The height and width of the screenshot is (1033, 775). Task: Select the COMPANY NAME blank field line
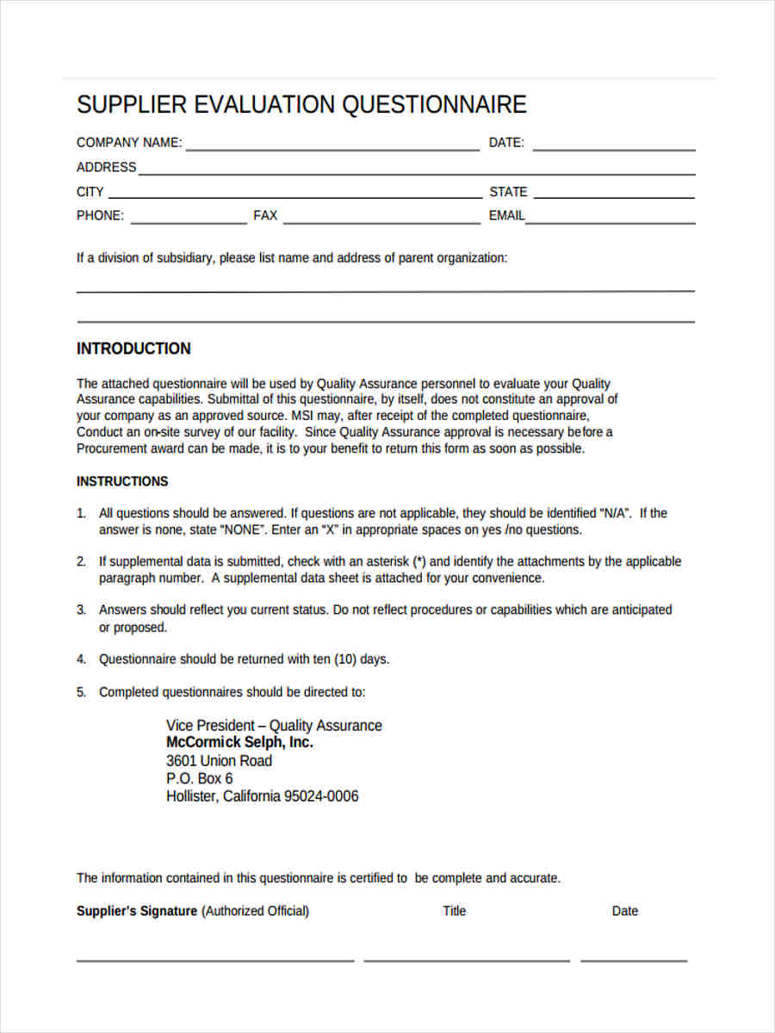[332, 149]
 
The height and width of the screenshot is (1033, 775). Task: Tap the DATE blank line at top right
[613, 149]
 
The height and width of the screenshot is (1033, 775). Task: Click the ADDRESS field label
[106, 167]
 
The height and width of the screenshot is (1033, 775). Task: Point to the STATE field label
[508, 192]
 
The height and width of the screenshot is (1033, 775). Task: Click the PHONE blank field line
[188, 222]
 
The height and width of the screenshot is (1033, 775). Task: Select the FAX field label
[265, 216]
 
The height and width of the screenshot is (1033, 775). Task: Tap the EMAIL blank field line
[611, 222]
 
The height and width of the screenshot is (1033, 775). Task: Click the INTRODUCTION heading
[133, 349]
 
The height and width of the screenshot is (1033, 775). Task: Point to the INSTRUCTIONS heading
[122, 481]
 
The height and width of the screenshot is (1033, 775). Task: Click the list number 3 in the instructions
[81, 609]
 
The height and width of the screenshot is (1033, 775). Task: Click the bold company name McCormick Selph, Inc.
[239, 742]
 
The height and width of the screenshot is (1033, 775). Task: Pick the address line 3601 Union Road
[219, 761]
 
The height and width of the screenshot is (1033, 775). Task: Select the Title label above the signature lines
[454, 911]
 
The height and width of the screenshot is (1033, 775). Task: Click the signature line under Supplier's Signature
[214, 960]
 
